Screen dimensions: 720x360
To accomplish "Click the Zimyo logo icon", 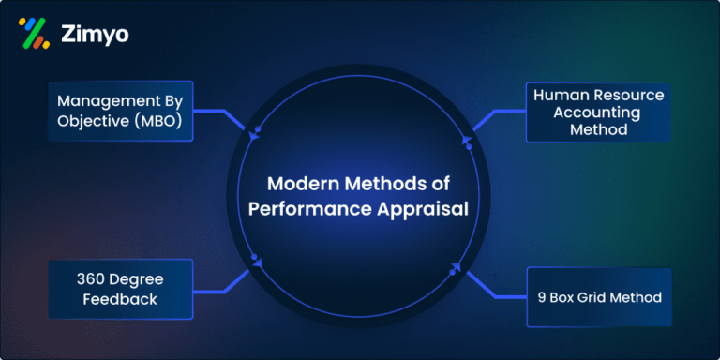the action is point(34,33).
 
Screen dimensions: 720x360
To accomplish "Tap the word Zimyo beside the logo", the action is point(96,34).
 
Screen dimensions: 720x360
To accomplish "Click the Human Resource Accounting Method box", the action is point(597,112).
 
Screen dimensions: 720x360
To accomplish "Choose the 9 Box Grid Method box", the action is point(597,298).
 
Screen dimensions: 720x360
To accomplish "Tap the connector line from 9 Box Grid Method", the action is point(494,286).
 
